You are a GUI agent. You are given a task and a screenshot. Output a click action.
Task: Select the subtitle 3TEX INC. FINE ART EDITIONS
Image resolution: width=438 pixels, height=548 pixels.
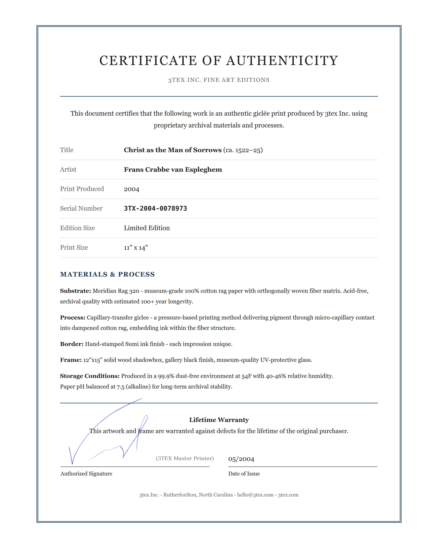tap(219, 80)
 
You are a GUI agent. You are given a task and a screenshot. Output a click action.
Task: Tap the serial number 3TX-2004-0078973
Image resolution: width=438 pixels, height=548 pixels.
tap(155, 208)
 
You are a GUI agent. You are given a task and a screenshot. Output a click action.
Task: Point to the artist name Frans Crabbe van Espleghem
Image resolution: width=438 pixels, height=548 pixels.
tap(173, 170)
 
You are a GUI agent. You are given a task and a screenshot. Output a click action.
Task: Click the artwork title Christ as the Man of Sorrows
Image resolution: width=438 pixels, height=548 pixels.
tap(173, 150)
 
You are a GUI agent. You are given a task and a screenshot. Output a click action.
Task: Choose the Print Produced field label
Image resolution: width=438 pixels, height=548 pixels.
tap(82, 189)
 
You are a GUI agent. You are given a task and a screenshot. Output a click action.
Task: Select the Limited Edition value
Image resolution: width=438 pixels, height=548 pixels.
tap(147, 228)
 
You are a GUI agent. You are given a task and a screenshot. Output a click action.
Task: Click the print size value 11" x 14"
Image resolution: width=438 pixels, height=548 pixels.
tap(136, 248)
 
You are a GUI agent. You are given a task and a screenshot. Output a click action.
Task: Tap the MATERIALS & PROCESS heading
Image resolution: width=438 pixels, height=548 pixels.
tap(107, 274)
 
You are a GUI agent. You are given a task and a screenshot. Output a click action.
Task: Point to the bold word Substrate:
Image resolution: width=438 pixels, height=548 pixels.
tap(75, 291)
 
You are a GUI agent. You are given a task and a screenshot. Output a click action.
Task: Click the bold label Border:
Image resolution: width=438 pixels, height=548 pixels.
tap(72, 344)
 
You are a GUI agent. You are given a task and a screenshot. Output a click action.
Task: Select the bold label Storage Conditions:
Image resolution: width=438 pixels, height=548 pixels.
tap(90, 376)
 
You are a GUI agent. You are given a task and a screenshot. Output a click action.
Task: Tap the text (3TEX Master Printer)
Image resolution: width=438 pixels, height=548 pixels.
tap(185, 458)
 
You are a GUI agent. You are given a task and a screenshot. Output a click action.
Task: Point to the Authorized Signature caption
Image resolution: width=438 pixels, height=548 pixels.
tap(86, 473)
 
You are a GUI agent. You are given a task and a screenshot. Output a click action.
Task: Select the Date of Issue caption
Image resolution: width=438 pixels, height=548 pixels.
tap(244, 473)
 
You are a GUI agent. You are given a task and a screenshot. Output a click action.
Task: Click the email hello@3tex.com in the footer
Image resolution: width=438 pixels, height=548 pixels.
tap(255, 495)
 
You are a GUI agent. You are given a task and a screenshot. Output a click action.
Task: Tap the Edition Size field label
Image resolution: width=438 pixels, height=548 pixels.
tap(77, 228)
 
